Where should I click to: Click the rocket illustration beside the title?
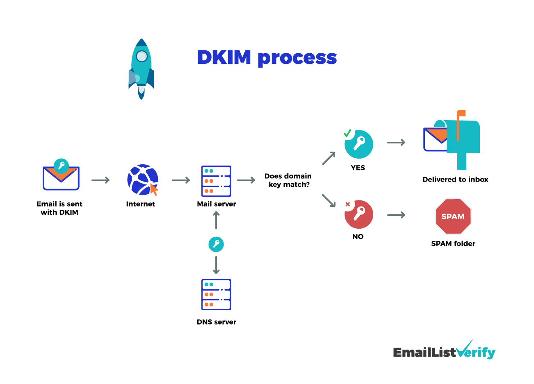point(141,69)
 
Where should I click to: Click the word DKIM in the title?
point(224,57)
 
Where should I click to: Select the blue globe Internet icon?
point(142,180)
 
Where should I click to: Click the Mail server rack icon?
point(216,181)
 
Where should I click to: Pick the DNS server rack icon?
point(216,294)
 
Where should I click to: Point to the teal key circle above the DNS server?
point(216,244)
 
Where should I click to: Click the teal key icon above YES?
point(359,144)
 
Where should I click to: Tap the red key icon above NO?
point(359,214)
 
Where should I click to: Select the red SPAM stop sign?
point(453,216)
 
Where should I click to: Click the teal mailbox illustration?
point(463,139)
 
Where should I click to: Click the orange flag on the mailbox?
point(461,114)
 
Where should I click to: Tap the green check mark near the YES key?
point(347,133)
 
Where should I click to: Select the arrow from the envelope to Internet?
point(100,180)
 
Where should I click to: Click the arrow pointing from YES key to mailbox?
point(396,143)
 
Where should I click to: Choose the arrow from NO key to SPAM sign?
point(396,215)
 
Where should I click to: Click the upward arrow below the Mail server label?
point(216,220)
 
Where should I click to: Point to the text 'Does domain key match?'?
point(288,180)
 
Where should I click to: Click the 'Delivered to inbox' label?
point(455,180)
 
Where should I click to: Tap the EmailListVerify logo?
point(444,351)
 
